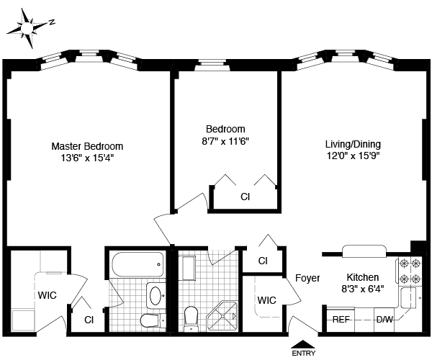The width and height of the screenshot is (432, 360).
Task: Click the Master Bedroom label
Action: click(86, 145)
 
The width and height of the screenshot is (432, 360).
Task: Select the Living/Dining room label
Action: click(353, 143)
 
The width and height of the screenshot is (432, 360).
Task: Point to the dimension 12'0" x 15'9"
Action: click(353, 155)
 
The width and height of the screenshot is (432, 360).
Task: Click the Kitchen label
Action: click(363, 277)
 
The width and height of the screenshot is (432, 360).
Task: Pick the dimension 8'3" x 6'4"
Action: click(363, 289)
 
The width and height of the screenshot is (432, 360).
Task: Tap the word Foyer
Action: click(307, 278)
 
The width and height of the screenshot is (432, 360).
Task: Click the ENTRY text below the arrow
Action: click(303, 354)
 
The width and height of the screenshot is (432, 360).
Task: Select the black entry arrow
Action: click(303, 343)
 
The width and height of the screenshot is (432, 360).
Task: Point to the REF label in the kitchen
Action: click(341, 318)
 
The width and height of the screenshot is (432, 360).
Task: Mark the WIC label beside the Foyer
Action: click(267, 300)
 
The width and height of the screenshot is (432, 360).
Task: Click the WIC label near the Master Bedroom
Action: click(48, 294)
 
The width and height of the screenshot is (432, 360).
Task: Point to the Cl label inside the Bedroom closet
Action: click(245, 196)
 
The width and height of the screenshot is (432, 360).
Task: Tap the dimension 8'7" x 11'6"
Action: click(225, 141)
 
